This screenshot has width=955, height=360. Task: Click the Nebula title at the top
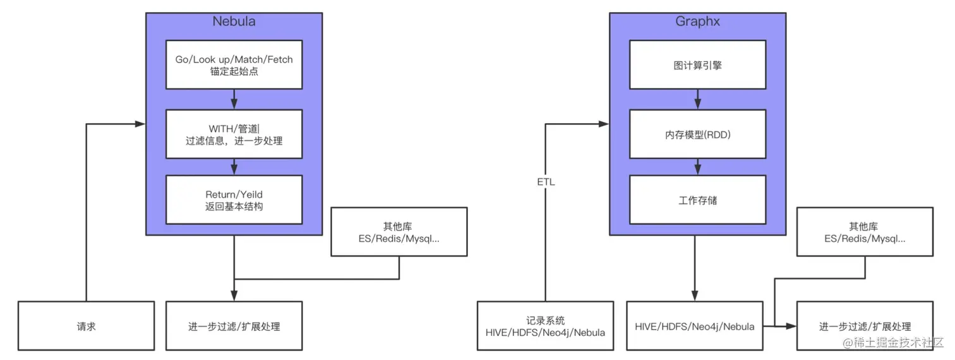(x=234, y=21)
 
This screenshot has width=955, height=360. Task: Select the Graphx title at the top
(x=697, y=21)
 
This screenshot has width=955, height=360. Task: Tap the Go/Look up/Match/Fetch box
(x=234, y=65)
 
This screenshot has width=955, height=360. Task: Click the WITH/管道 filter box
(x=234, y=134)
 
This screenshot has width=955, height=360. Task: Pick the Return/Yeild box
(x=234, y=200)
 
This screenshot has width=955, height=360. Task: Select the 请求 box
(x=86, y=326)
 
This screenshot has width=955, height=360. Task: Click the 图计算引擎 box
(x=697, y=65)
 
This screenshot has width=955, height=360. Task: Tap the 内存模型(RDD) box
(x=697, y=134)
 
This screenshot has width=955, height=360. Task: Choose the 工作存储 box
(x=697, y=200)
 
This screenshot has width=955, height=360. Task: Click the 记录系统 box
(x=545, y=326)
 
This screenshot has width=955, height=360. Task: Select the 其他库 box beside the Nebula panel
(x=399, y=232)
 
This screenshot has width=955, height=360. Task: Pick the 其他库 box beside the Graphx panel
(x=865, y=232)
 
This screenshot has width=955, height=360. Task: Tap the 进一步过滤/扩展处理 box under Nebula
(x=234, y=326)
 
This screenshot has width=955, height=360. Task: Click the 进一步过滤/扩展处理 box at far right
(x=865, y=326)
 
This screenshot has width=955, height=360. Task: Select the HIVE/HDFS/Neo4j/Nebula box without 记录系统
(x=695, y=326)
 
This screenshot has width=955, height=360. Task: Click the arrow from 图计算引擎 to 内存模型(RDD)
(x=697, y=99)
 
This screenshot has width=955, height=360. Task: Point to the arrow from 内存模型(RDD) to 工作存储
(x=697, y=166)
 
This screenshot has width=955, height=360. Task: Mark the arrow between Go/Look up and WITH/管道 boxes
(x=234, y=99)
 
